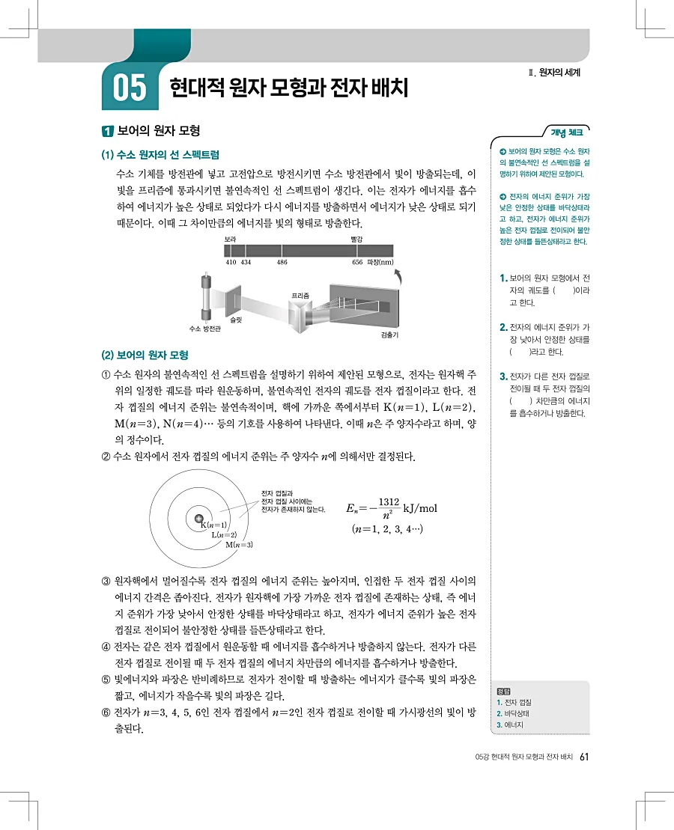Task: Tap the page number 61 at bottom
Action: [x=585, y=757]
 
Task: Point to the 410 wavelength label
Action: [x=231, y=263]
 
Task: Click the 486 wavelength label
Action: [x=282, y=263]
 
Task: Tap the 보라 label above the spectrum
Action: [x=231, y=239]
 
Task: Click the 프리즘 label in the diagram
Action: [x=301, y=296]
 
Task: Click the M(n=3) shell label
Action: [x=240, y=544]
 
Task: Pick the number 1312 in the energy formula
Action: [x=389, y=501]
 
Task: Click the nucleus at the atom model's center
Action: [x=198, y=519]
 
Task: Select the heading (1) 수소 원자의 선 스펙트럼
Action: [x=159, y=155]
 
